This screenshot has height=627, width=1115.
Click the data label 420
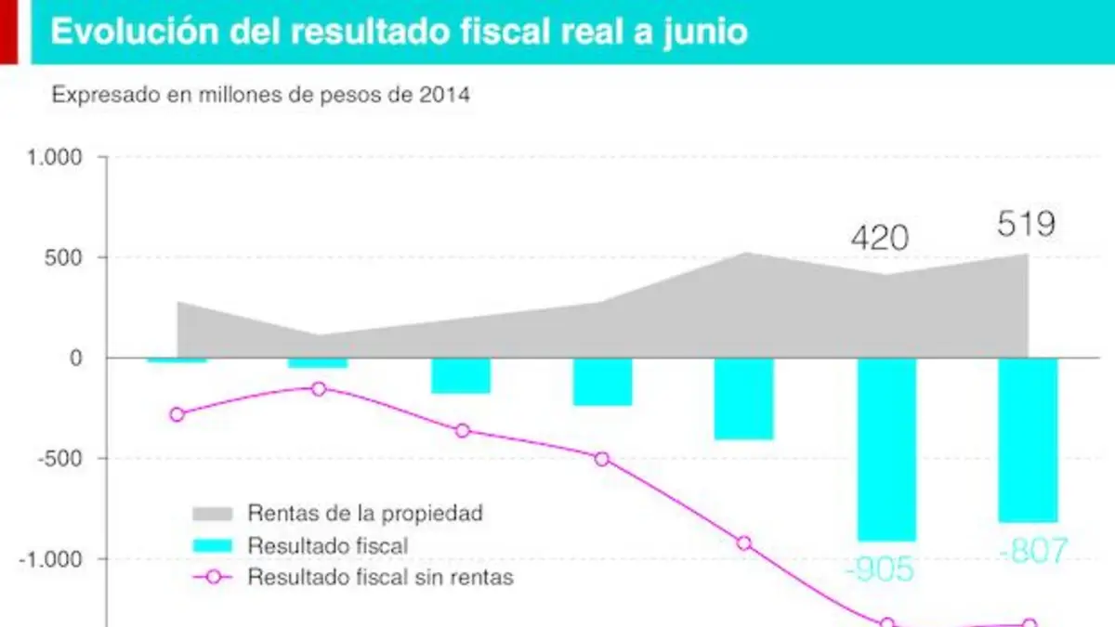[880, 238]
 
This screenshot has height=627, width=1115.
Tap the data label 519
[1026, 224]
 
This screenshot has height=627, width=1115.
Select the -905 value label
[880, 568]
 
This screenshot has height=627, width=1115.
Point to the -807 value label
[1033, 550]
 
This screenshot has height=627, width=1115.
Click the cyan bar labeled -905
[886, 450]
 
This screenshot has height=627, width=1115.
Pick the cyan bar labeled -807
[1028, 440]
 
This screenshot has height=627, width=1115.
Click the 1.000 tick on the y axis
[54, 158]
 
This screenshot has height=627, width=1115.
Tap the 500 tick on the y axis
[63, 258]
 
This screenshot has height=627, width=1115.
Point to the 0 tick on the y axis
[75, 359]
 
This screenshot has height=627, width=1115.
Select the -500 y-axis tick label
[59, 458]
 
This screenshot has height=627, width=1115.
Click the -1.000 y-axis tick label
[50, 559]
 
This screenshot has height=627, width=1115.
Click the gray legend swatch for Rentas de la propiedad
[213, 514]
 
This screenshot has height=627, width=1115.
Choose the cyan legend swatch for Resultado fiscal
[213, 546]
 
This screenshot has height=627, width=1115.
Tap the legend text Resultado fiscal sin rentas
[380, 577]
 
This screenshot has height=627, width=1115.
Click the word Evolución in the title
[135, 31]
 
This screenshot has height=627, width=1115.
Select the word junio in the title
[705, 33]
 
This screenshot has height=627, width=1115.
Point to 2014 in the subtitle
[444, 95]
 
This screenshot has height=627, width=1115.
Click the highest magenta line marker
[319, 389]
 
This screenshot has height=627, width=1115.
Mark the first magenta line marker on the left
[177, 414]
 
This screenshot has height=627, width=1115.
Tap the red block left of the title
[8, 32]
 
